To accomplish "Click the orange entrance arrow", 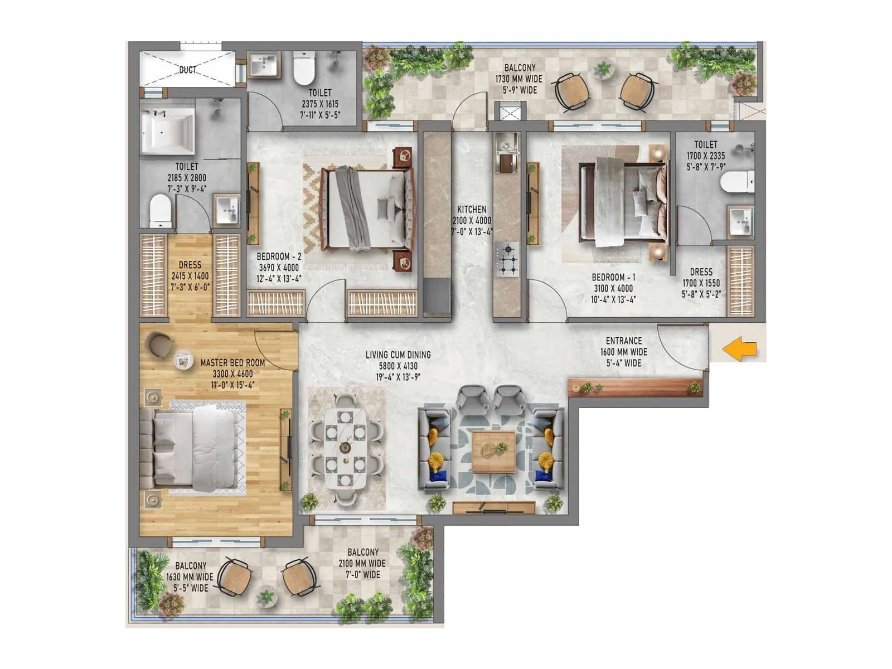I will pyautogui.click(x=740, y=350).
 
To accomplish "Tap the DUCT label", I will pyautogui.click(x=188, y=70).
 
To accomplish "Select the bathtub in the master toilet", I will pyautogui.click(x=168, y=132).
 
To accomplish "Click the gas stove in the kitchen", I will pyautogui.click(x=506, y=260).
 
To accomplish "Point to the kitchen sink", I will pyautogui.click(x=506, y=144).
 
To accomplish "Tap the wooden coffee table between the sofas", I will pyautogui.click(x=493, y=451).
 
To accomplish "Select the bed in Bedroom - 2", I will pyautogui.click(x=368, y=209).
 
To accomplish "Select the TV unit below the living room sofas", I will pyautogui.click(x=493, y=507).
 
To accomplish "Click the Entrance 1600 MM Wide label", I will pyautogui.click(x=624, y=352).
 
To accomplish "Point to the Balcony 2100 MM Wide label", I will pyautogui.click(x=362, y=563).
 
